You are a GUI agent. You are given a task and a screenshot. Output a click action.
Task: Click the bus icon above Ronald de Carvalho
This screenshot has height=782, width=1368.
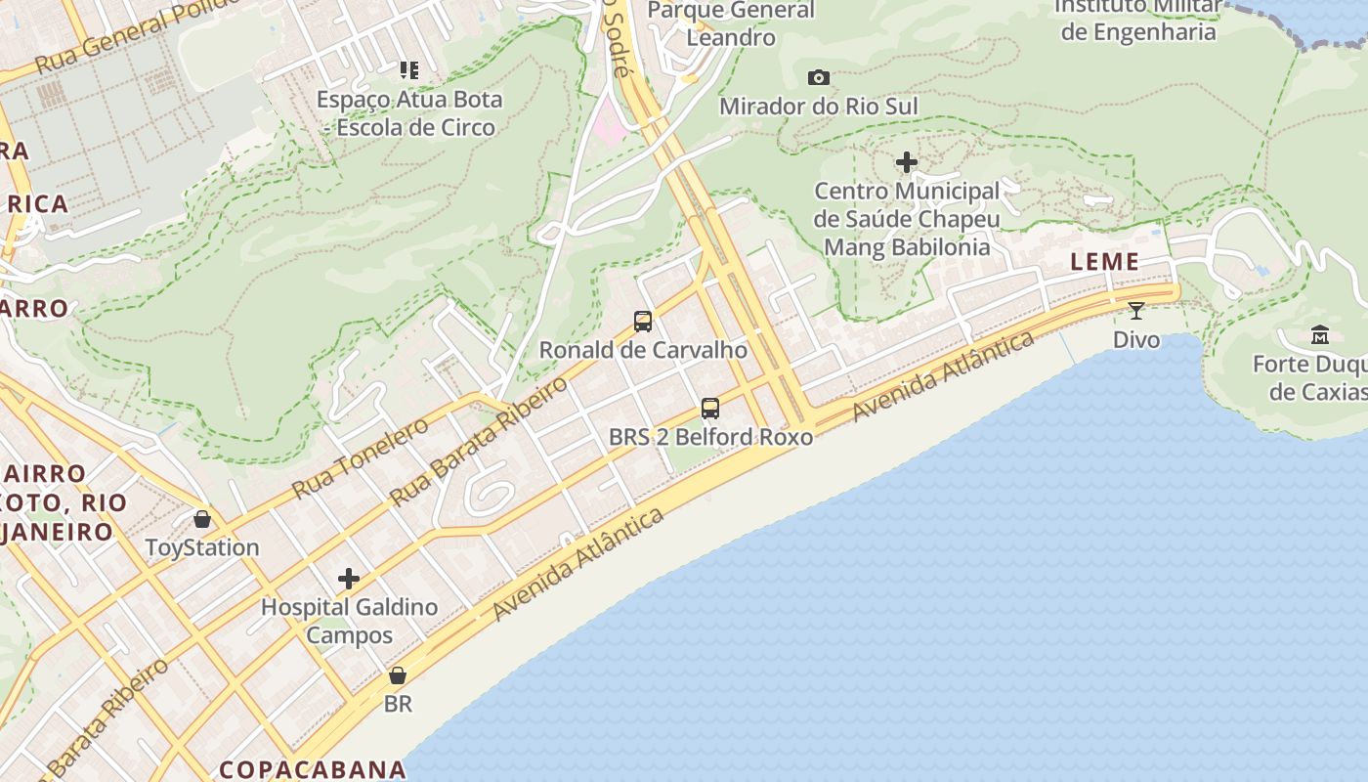coord(642,321)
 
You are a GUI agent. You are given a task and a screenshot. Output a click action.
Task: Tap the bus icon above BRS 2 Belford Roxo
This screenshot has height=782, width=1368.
coord(710,408)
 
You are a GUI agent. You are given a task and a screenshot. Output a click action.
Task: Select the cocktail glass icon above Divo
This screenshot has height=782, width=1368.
coord(1135,311)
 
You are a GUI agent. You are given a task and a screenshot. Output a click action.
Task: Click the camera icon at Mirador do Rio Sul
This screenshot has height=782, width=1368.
coord(819,77)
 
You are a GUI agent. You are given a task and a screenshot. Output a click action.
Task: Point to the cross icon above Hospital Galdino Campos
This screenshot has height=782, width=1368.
coord(349,579)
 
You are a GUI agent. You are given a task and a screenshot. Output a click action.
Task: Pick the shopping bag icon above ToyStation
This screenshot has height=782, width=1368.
coord(202,518)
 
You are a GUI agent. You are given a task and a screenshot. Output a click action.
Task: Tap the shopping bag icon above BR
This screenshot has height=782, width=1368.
coord(398,674)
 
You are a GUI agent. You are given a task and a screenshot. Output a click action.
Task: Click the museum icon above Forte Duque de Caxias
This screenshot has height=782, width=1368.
coord(1320,335)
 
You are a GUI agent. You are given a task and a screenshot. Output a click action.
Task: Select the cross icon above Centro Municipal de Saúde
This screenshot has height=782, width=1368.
coord(907,161)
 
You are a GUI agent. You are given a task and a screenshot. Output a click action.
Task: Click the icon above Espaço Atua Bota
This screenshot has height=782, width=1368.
coord(409,70)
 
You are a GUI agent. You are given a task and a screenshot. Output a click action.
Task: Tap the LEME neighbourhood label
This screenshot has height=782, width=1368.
coord(1105,261)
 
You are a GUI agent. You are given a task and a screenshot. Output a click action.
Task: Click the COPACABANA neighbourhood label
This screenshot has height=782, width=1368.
coord(312,769)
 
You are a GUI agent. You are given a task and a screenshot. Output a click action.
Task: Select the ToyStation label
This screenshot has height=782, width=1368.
coord(202,547)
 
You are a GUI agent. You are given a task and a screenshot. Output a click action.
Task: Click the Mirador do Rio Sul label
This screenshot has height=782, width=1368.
coord(819,106)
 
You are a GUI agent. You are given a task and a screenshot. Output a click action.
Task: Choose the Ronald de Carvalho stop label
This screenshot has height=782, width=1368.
coord(643,350)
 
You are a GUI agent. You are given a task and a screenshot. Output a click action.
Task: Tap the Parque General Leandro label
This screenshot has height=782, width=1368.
coord(731,23)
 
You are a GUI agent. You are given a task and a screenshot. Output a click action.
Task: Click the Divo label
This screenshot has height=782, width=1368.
coord(1136,340)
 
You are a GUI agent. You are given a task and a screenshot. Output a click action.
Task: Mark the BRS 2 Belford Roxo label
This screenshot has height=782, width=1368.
coord(710,437)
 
